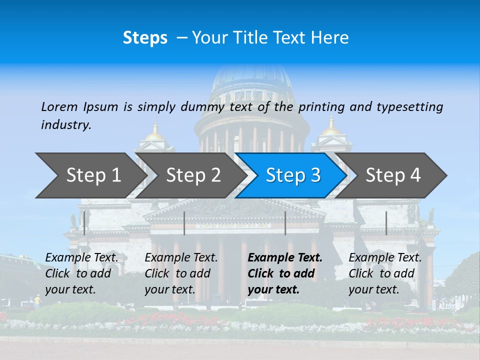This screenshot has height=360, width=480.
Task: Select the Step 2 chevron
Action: point(192,175)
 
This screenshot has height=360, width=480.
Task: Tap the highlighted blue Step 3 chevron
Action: point(292,175)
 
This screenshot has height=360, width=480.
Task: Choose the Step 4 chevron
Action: point(392,175)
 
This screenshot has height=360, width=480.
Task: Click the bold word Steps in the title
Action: point(145,38)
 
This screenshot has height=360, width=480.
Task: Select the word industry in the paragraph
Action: point(66,125)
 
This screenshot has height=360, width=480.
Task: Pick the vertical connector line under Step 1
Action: point(84,223)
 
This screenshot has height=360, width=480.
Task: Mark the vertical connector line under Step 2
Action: point(184,223)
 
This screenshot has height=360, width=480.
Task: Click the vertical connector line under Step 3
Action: point(285,223)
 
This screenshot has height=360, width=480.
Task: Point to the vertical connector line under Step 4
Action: point(386,223)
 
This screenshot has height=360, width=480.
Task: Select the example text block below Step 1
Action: point(81,273)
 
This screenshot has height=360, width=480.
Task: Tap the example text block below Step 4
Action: point(385,273)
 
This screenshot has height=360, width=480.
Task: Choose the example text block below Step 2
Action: point(181,273)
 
